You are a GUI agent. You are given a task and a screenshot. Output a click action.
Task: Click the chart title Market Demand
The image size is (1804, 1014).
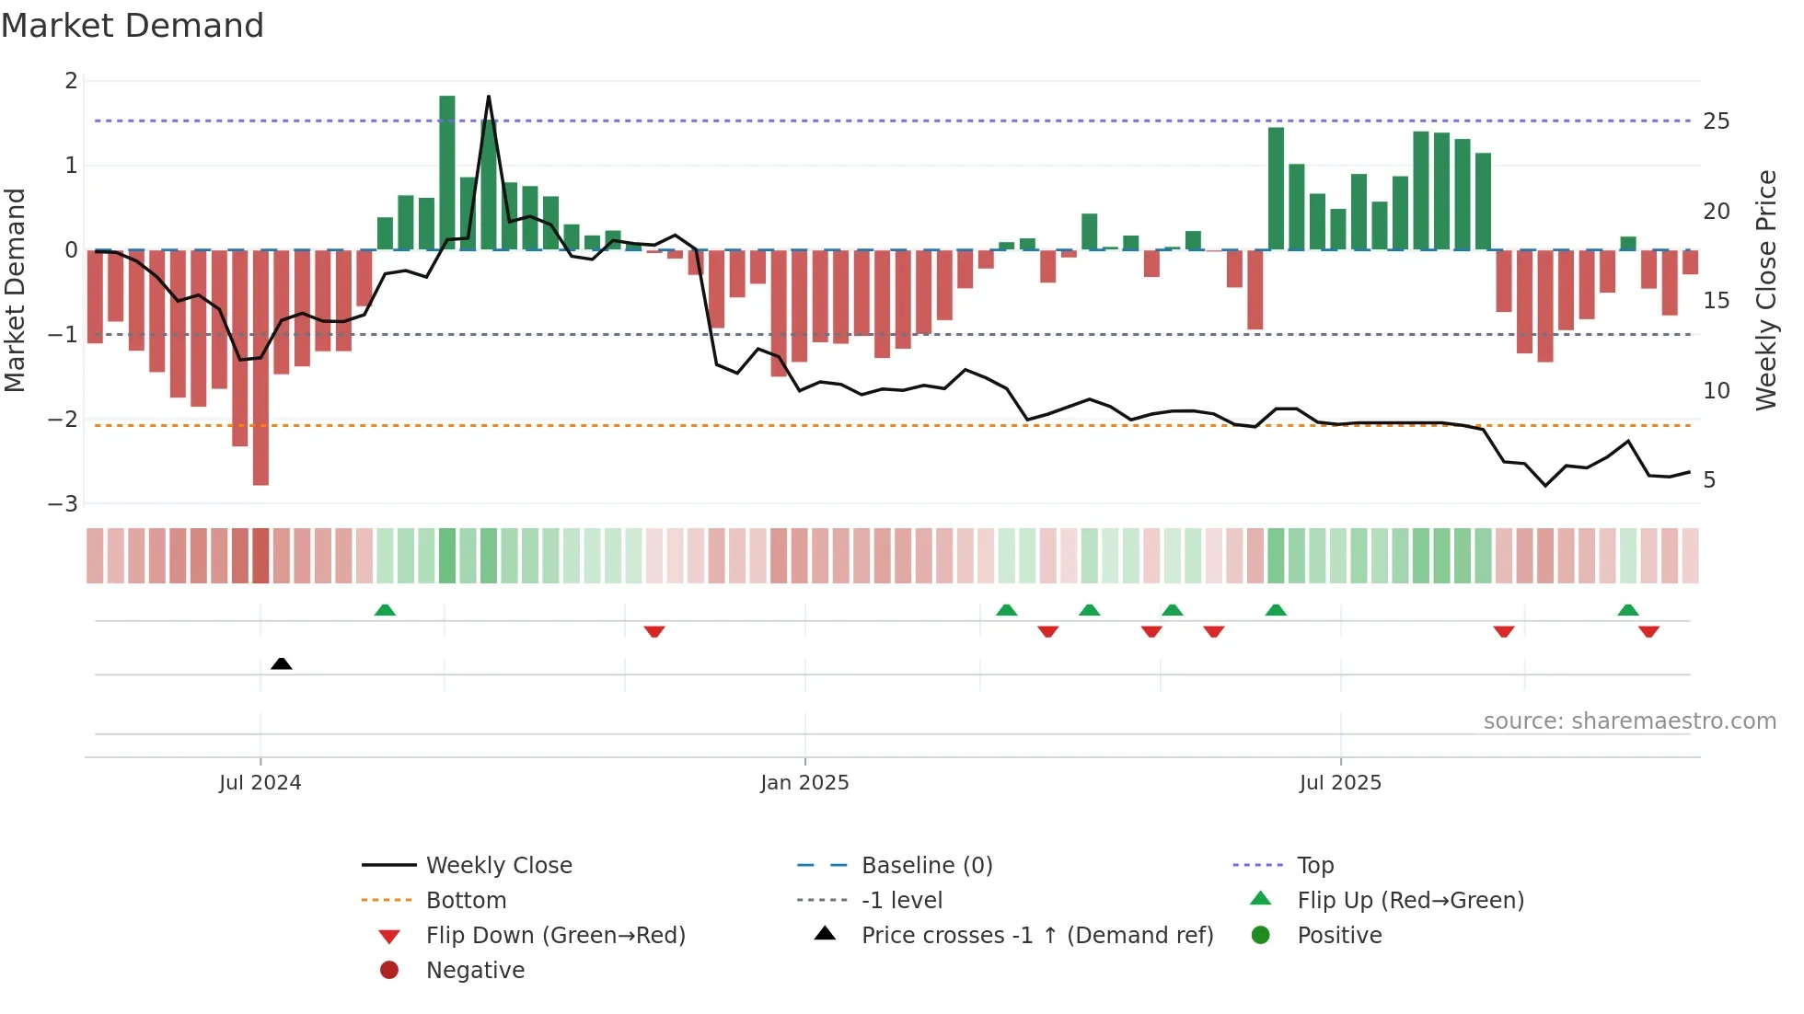pos(133,26)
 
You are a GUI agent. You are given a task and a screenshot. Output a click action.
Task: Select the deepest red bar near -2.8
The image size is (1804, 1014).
pos(260,368)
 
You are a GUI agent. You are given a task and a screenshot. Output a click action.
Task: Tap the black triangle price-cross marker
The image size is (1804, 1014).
pos(282,663)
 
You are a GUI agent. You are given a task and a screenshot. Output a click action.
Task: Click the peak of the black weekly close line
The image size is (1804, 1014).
pos(488,97)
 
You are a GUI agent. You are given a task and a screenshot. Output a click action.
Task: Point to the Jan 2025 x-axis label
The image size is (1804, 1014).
pos(804,783)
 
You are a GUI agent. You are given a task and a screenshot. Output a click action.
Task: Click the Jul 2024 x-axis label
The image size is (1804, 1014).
pos(260,783)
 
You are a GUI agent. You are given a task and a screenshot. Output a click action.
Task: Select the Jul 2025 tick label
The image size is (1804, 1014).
pos(1340,783)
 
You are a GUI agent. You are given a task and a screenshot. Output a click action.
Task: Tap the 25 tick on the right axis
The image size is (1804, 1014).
pos(1716,121)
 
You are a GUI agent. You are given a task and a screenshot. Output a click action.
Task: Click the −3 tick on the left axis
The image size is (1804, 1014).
pos(64,504)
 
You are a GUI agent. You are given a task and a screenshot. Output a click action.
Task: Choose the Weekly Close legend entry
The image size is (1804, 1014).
pos(498,866)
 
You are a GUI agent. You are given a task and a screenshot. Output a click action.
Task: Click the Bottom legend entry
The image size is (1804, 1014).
pos(466,901)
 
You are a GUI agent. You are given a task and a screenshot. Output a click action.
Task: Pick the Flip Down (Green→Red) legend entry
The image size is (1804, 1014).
pos(555,936)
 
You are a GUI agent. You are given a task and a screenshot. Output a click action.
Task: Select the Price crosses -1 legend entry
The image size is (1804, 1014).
pos(1036,936)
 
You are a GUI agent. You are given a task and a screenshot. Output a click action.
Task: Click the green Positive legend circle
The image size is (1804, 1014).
pos(1261,936)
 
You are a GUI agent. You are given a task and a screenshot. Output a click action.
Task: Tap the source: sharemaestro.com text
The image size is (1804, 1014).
pos(1629,721)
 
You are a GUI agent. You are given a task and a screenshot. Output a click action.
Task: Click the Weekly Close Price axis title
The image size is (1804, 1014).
pos(1765,290)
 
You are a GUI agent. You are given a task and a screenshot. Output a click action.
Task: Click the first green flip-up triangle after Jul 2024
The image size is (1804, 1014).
pos(385,610)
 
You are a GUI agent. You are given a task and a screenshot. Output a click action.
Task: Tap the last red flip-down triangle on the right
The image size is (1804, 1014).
pos(1648,631)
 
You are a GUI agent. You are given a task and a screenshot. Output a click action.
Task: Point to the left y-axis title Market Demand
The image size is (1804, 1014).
pos(16,290)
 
